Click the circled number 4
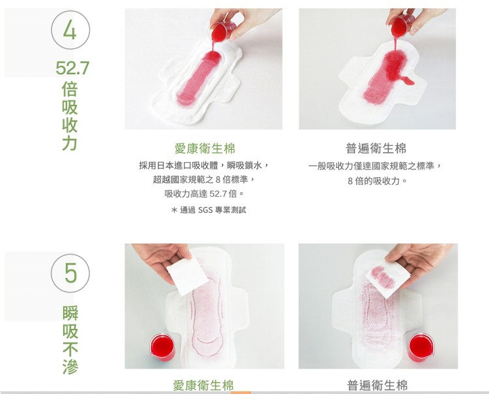click(x=70, y=30)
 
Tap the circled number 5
click(x=70, y=273)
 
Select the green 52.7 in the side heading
click(x=72, y=68)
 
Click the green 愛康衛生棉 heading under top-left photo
click(x=205, y=148)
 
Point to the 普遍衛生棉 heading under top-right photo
click(x=376, y=148)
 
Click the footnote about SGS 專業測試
click(x=209, y=210)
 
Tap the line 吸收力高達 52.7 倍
click(x=204, y=193)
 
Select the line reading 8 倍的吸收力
click(x=378, y=180)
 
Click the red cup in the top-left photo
click(x=222, y=31)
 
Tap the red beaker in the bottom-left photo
click(x=162, y=347)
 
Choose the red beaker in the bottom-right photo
click(x=421, y=347)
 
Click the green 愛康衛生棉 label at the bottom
click(x=203, y=386)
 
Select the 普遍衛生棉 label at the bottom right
click(x=378, y=386)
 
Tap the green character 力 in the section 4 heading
click(x=70, y=143)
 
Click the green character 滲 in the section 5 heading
click(x=70, y=367)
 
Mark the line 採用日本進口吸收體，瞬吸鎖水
click(x=203, y=165)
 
